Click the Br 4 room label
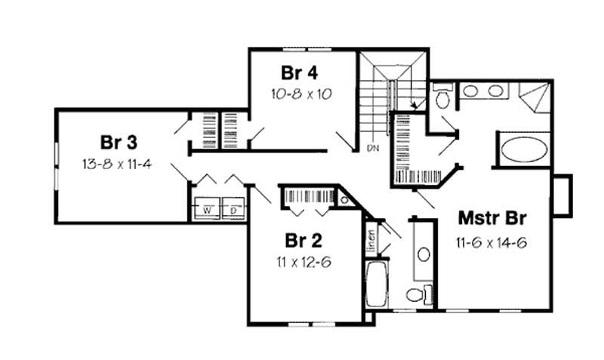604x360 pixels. [299, 74]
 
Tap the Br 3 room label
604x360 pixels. [117, 142]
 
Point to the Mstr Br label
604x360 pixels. [492, 220]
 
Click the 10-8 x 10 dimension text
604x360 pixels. [301, 95]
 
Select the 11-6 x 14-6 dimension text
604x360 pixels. [492, 243]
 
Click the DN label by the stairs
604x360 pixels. [372, 148]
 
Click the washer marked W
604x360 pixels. [204, 208]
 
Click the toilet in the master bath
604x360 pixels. [442, 97]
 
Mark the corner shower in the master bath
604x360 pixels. [535, 99]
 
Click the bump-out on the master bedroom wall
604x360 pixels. [562, 195]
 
